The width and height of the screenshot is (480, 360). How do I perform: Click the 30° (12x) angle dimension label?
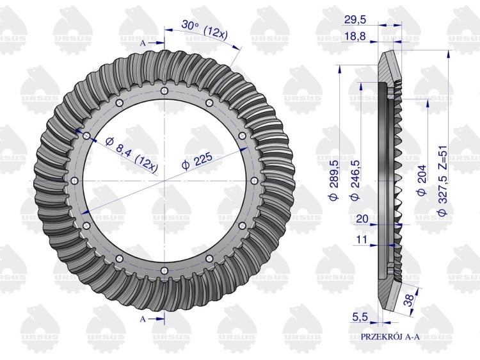coord(205,28)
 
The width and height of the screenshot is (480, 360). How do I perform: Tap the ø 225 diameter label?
coord(196,161)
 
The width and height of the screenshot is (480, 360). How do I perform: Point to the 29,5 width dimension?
coord(355,20)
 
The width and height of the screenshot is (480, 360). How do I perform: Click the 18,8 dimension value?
coord(355,37)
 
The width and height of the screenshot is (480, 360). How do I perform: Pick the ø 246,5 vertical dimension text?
coord(355,180)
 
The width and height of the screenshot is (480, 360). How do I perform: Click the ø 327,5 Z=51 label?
coord(443,181)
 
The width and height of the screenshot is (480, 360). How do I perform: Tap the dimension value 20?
coord(362,219)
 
